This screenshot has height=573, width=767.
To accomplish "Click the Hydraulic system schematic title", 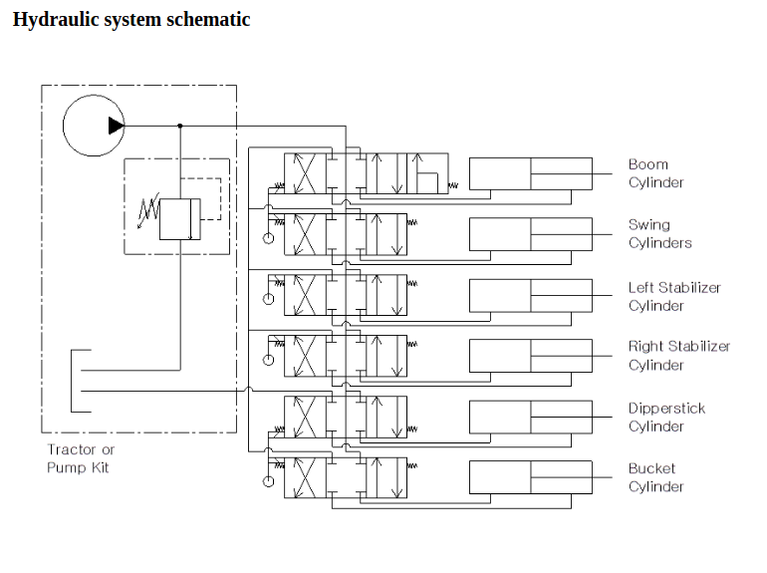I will tap(130, 20).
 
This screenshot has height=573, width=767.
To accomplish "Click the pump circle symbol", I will tap(93, 126).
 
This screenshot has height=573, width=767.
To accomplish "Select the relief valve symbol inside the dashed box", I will tap(180, 218).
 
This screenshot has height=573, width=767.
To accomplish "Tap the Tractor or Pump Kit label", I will tap(81, 458).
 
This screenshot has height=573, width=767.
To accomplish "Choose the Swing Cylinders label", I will tap(659, 234).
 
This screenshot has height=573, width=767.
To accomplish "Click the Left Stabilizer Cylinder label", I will tap(673, 296).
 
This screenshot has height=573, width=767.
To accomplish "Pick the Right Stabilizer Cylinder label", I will tap(678, 356).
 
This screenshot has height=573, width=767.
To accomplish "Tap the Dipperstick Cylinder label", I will tap(666, 418).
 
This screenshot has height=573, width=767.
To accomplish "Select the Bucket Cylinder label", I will tap(655, 477).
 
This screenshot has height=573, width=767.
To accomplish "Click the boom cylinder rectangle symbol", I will tap(530, 173).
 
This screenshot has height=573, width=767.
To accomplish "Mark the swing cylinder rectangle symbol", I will tap(530, 234).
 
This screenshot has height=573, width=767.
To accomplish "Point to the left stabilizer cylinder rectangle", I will tap(530, 295).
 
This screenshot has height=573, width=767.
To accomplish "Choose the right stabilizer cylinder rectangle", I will tap(530, 356).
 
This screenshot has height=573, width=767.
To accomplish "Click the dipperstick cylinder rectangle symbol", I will tap(530, 417).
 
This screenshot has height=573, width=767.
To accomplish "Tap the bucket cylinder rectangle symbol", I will tap(530, 477).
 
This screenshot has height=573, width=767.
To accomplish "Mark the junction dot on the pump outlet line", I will tap(180, 126).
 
